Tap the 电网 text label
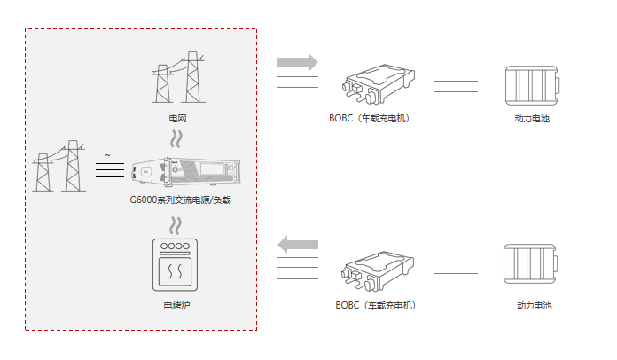pos(177,119)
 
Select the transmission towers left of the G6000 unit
pos(59,166)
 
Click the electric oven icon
pos(175,264)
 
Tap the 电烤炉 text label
pos(177,306)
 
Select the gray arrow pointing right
pos(297,62)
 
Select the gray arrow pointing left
pos(297,244)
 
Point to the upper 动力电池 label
pos(532,119)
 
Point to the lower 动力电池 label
pos(534,306)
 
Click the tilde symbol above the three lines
pos(108,155)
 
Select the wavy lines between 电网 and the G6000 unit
pos(177,139)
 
